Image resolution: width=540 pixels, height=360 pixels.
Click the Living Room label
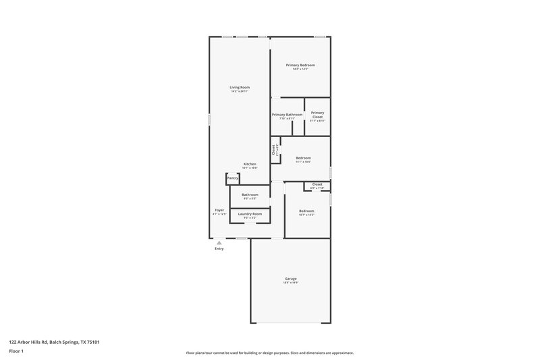pyautogui.click(x=240, y=87)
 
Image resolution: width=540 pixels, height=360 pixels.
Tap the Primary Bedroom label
pyautogui.click(x=300, y=65)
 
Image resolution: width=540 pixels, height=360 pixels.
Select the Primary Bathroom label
pyautogui.click(x=287, y=115)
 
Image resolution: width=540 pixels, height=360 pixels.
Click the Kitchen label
pyautogui.click(x=250, y=164)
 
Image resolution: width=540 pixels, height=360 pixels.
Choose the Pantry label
pyautogui.click(x=232, y=178)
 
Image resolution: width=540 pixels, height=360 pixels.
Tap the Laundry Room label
pyautogui.click(x=250, y=214)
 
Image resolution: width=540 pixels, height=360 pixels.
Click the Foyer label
pyautogui.click(x=219, y=210)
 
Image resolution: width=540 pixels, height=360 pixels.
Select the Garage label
pyautogui.click(x=290, y=279)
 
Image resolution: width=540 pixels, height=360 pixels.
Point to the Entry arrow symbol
pyautogui.click(x=219, y=242)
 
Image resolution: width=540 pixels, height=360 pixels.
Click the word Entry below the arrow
pyautogui.click(x=219, y=249)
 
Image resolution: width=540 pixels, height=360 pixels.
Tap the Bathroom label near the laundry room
pyautogui.click(x=250, y=195)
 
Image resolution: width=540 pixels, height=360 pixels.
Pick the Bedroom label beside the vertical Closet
pyautogui.click(x=303, y=158)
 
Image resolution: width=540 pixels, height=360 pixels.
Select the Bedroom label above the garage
pyautogui.click(x=306, y=211)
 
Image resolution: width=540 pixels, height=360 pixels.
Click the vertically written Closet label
pyautogui.click(x=273, y=150)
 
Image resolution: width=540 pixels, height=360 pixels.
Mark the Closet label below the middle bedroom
pyautogui.click(x=317, y=184)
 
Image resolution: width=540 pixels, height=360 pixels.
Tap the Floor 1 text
pyautogui.click(x=16, y=352)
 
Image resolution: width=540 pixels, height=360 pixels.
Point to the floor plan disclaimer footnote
pyautogui.click(x=269, y=353)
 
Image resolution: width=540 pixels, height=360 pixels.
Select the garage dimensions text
pyautogui.click(x=290, y=283)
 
